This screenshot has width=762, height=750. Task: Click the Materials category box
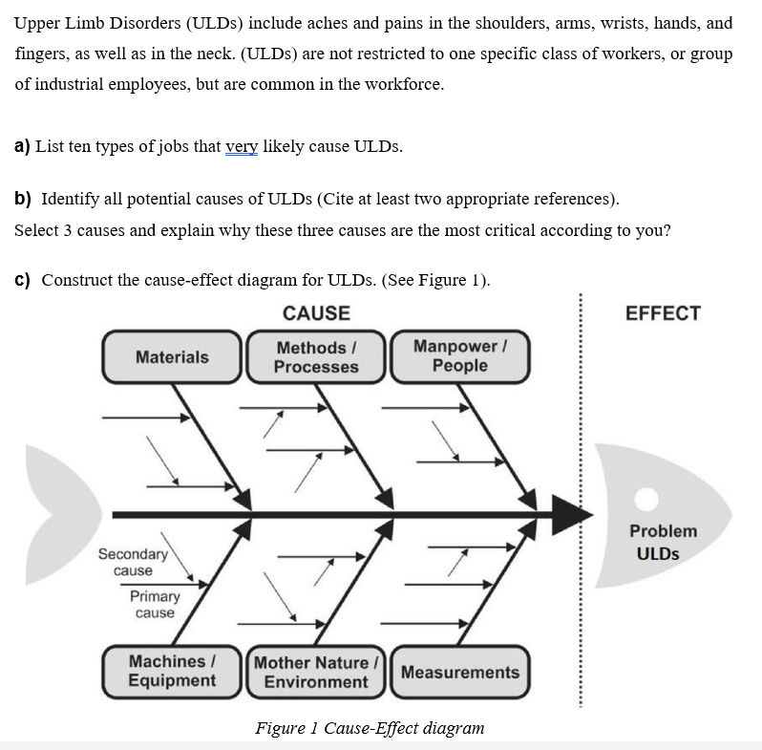point(172,357)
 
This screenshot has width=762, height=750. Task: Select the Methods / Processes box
point(316,357)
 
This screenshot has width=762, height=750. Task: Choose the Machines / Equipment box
point(172,671)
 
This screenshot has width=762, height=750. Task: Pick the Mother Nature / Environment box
point(316,672)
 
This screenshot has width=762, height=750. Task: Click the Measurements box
point(459,672)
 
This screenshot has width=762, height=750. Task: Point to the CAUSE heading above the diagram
point(316,313)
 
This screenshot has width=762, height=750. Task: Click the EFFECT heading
point(663,313)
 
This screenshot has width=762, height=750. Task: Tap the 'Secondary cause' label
point(133,562)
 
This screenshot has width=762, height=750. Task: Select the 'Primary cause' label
point(155,604)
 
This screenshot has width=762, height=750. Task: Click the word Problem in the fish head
point(663,531)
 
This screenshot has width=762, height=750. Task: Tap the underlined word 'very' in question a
point(242,146)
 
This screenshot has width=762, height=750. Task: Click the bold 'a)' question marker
point(22,146)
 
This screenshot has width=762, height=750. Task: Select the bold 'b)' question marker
point(22,199)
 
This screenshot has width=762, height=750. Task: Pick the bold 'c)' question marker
point(22,280)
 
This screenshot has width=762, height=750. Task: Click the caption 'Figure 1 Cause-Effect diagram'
point(370,728)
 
